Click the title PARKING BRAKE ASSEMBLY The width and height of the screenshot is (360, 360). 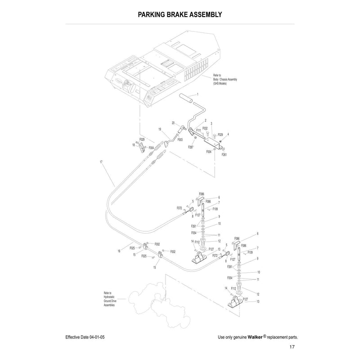coord(180,14)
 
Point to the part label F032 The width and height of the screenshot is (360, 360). coord(205,128)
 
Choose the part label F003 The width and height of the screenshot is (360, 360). coord(180,140)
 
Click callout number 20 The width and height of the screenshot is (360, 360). coord(173,123)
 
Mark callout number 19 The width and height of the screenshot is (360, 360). coord(160,130)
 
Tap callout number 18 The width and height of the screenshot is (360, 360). coord(134,145)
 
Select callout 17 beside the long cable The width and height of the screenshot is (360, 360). coord(101,162)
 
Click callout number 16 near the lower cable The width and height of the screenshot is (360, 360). coord(119,251)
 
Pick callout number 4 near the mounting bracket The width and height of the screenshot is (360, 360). coord(228,134)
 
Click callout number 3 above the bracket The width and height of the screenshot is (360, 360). coord(211,123)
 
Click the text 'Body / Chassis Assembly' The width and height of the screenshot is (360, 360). coord(225,80)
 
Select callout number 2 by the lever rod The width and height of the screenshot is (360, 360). coord(205,121)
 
